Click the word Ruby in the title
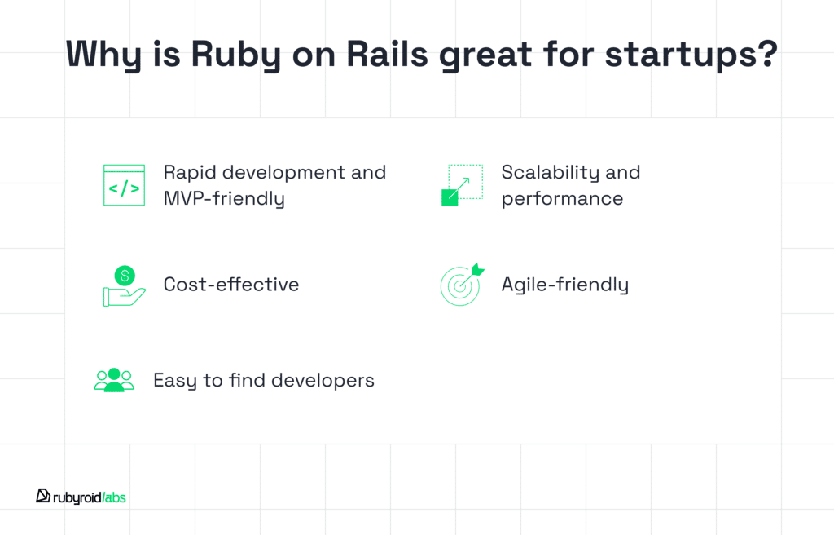tap(235, 55)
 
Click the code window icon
tap(124, 185)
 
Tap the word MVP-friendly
tap(224, 199)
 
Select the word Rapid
tap(190, 174)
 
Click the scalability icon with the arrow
tap(463, 185)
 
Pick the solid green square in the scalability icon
tap(450, 197)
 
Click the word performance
tap(562, 199)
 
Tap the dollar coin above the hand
tap(125, 276)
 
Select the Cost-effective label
tap(231, 284)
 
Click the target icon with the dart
tap(462, 285)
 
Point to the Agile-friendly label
tap(565, 285)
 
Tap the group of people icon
tap(114, 380)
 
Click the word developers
tap(323, 381)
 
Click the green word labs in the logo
tap(115, 497)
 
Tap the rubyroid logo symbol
tap(43, 496)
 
